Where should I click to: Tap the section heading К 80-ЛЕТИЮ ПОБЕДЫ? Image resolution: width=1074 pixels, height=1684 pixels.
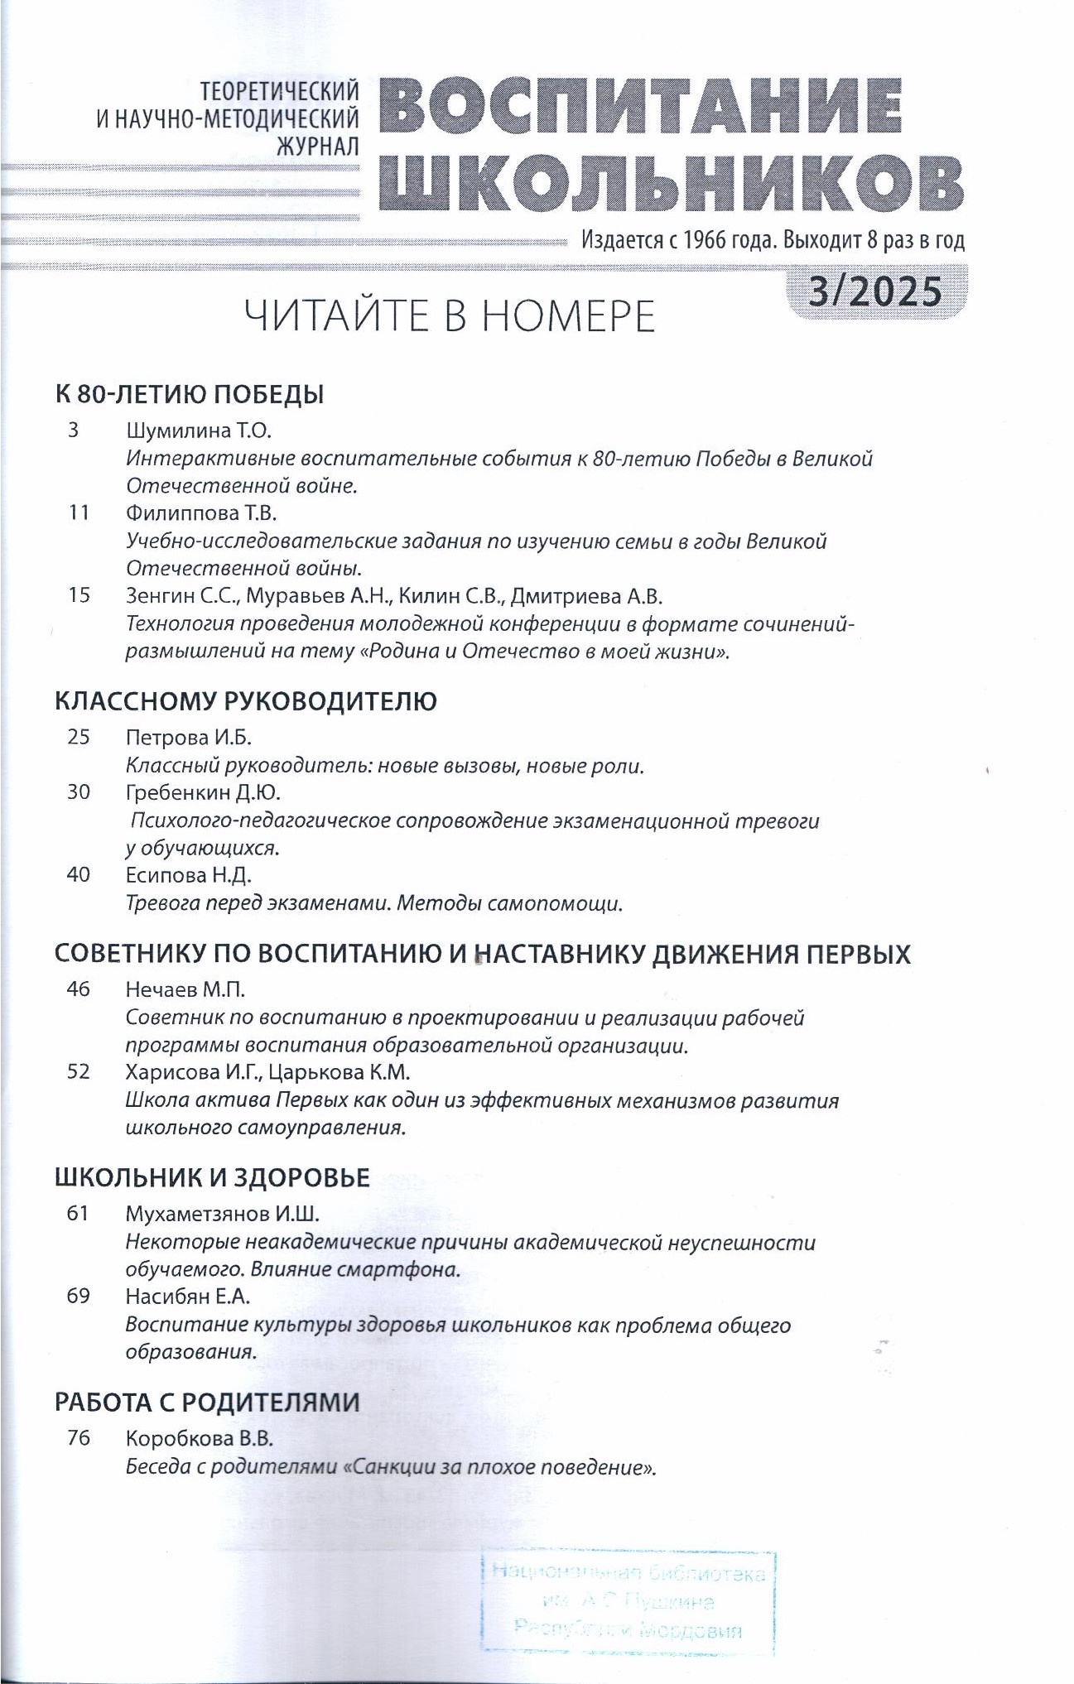(x=189, y=394)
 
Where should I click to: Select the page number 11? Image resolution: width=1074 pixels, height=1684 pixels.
(x=79, y=512)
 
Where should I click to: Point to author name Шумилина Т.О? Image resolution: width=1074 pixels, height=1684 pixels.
(x=199, y=431)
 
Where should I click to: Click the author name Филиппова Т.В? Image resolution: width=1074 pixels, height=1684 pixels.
(x=201, y=512)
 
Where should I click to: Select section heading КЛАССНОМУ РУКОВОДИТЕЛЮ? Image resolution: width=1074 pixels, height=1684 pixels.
(x=245, y=701)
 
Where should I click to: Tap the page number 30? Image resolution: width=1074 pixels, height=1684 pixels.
(x=79, y=792)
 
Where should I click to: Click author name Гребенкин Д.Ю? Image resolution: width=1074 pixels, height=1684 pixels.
(x=204, y=792)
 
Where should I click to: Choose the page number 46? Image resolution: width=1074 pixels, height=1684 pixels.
(x=79, y=989)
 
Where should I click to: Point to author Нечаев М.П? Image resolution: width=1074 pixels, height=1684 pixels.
(x=185, y=989)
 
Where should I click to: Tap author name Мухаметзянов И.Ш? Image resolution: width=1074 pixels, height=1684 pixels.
(x=222, y=1214)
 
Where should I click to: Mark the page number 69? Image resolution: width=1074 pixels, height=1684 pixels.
(x=79, y=1296)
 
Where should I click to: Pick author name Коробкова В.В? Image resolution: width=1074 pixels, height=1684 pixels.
(x=199, y=1438)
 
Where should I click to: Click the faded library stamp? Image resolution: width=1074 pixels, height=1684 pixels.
(x=627, y=1601)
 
